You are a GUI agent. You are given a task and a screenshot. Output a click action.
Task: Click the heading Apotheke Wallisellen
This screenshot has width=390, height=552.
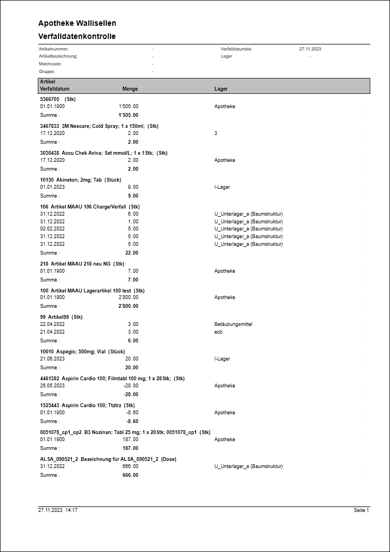point(77,24)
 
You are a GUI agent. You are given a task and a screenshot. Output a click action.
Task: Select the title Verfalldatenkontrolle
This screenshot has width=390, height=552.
point(77,37)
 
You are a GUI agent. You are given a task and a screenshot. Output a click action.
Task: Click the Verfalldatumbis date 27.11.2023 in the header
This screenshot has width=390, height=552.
point(310,49)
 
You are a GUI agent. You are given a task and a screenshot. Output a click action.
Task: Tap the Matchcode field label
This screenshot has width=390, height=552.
point(50,64)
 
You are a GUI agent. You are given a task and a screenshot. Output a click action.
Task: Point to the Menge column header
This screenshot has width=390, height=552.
point(130,89)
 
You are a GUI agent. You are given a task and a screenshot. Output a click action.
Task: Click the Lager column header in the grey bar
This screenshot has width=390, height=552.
point(221,89)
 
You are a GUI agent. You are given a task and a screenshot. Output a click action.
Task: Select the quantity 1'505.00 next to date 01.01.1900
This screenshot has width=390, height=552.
point(128,106)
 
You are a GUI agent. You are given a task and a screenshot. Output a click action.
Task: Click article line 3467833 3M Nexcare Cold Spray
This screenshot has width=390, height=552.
point(99,126)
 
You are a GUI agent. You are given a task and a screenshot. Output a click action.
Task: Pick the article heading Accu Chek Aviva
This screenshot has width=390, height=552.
point(104,153)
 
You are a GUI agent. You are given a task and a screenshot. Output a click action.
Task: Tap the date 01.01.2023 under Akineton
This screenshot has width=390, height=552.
point(53,187)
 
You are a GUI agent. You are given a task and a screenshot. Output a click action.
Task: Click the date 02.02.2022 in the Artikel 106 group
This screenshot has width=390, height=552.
point(53,229)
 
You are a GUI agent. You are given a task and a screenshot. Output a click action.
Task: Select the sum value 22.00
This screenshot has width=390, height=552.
point(131,253)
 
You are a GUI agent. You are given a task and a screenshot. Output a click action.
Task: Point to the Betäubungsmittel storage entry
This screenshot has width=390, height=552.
point(233,324)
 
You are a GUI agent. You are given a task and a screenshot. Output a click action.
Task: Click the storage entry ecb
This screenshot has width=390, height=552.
point(218,332)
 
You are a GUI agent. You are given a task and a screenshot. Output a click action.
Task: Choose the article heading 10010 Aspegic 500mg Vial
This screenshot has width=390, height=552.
point(83,352)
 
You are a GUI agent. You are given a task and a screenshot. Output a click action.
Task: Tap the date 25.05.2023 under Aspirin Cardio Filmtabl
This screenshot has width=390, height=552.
point(53,386)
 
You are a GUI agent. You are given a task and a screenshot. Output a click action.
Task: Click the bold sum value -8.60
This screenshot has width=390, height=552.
point(132,421)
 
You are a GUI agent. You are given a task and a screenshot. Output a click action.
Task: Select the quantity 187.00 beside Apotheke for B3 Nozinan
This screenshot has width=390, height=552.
point(130,440)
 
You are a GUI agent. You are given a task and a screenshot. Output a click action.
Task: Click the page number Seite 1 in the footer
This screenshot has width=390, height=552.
point(361,510)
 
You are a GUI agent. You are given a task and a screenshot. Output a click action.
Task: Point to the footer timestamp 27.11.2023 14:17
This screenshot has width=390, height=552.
point(58,510)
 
